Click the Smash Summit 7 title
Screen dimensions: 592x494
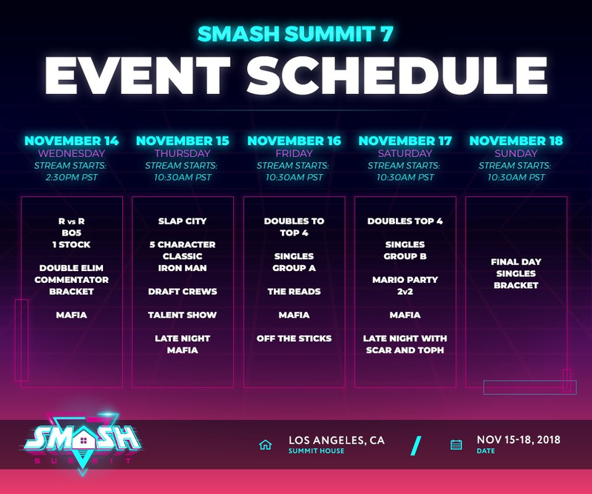tap(295, 33)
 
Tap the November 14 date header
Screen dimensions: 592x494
tap(71, 141)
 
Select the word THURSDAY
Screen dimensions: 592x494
tap(182, 153)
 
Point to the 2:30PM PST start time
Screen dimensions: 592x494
tap(71, 177)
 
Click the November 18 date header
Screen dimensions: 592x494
tap(516, 141)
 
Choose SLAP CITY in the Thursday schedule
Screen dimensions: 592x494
tap(182, 221)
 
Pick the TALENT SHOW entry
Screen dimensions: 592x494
tap(182, 315)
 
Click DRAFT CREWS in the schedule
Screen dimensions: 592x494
tap(182, 291)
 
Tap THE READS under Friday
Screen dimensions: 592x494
tap(294, 291)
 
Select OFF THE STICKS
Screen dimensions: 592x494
tap(294, 338)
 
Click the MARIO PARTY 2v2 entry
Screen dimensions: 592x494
tap(405, 285)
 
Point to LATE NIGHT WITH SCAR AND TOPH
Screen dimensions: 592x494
tap(405, 344)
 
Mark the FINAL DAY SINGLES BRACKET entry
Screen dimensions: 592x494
tap(516, 273)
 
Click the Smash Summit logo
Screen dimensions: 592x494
tap(82, 443)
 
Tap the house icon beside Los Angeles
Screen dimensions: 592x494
tap(266, 444)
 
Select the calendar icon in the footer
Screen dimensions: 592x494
tap(456, 444)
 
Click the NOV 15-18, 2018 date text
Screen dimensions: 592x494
tap(519, 440)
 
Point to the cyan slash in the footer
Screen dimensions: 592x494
tap(416, 446)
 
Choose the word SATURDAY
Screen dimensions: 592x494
tap(405, 153)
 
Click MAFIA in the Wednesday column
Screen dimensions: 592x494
tap(71, 315)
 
